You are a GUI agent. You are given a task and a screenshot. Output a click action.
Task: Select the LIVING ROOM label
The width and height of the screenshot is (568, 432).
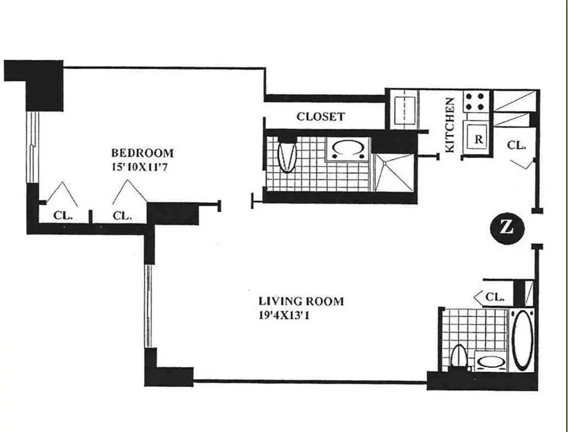pyautogui.click(x=301, y=302)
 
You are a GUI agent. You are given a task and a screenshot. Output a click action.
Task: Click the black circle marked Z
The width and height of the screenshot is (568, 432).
pyautogui.click(x=506, y=227)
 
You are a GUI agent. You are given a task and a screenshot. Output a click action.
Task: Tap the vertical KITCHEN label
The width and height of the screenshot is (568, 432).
pyautogui.click(x=450, y=125)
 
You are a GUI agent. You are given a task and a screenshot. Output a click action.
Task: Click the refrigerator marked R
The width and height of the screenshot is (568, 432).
pyautogui.click(x=479, y=140)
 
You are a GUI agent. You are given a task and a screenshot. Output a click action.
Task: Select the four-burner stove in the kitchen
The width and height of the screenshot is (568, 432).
pyautogui.click(x=477, y=102)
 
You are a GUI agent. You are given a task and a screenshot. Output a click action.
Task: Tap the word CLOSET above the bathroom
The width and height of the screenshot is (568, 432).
pyautogui.click(x=320, y=116)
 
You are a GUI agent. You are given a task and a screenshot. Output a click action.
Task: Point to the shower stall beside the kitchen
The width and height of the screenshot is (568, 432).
pyautogui.click(x=394, y=172)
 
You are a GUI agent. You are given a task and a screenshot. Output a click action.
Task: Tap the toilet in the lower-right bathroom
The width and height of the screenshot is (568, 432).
pyautogui.click(x=459, y=357)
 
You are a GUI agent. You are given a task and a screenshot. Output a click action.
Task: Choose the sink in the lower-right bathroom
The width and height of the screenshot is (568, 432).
pyautogui.click(x=490, y=361)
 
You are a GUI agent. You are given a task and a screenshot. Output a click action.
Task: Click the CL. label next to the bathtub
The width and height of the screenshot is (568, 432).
pyautogui.click(x=495, y=297)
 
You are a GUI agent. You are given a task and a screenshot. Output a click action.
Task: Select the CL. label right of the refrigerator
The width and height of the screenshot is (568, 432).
pyautogui.click(x=516, y=145)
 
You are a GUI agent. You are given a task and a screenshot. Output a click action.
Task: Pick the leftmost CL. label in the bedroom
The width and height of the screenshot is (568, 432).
pyautogui.click(x=63, y=215)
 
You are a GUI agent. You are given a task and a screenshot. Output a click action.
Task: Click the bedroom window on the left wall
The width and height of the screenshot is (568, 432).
pyautogui.click(x=34, y=147)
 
